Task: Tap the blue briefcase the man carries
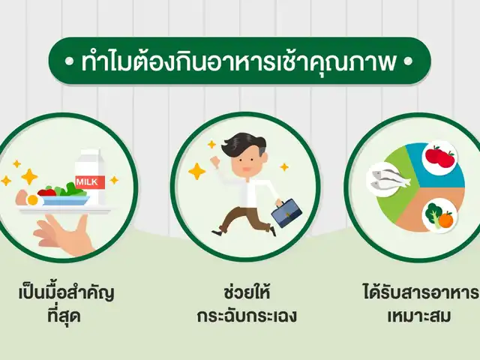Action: click(x=286, y=213)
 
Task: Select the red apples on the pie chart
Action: click(x=439, y=157)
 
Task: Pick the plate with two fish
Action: click(x=387, y=179)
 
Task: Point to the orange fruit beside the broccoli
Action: click(x=445, y=219)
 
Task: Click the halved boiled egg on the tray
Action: click(x=32, y=200)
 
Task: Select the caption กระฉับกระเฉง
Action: click(x=247, y=316)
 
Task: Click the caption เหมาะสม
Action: click(x=418, y=315)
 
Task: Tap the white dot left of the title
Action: click(x=70, y=61)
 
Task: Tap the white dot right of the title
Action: click(x=408, y=61)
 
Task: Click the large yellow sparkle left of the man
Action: click(x=196, y=172)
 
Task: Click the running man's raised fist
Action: click(x=217, y=160)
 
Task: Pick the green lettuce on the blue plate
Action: click(x=72, y=190)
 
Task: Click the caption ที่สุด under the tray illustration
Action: click(x=64, y=315)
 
